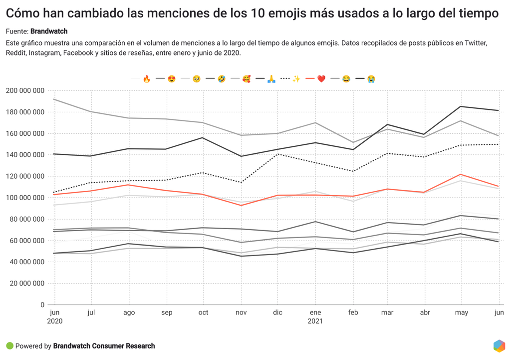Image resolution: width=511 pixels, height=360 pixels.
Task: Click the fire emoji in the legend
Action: (147, 79)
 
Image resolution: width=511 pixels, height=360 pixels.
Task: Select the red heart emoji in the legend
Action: (321, 79)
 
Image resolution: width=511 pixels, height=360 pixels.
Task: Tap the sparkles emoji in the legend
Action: (296, 79)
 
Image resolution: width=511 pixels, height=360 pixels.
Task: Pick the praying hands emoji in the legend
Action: (271, 79)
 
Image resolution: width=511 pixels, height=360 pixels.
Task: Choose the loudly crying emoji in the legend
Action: (371, 79)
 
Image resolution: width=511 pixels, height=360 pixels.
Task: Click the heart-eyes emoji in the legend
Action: (172, 79)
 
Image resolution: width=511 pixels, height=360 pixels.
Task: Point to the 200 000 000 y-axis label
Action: (25, 91)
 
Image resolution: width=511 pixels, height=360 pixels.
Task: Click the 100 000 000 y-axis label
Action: (25, 198)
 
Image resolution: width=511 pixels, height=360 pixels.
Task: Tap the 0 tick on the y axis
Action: (42, 305)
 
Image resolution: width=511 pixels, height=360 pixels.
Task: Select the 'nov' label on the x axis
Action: (241, 313)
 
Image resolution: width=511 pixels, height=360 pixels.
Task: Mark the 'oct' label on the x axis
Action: (203, 313)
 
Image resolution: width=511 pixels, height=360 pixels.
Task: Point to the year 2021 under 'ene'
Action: (315, 321)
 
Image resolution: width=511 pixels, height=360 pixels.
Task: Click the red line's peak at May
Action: (462, 174)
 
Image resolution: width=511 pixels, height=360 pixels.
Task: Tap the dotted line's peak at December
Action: (278, 154)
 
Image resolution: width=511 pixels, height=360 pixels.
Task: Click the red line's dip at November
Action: (241, 205)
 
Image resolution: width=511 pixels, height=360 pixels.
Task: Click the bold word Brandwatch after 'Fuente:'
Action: (49, 31)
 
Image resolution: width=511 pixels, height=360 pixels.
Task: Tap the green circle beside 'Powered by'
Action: (9, 346)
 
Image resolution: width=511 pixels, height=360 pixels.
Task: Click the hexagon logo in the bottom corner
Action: (499, 346)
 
